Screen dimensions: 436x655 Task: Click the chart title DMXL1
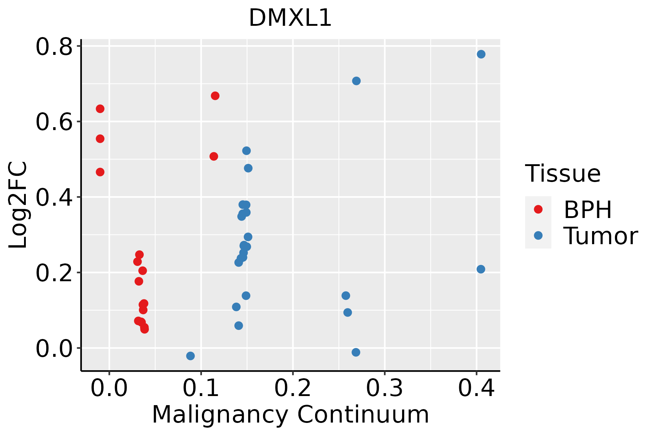[290, 18]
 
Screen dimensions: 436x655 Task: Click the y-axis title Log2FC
[18, 205]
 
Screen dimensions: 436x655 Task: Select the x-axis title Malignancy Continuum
[290, 415]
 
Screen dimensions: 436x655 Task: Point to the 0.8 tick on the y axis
[54, 47]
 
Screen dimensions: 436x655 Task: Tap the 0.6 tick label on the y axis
[54, 122]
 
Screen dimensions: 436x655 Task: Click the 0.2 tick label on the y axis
[54, 273]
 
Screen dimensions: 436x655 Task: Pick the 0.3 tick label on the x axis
[384, 388]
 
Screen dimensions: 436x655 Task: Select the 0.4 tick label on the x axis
[476, 388]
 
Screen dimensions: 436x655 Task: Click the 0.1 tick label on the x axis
[201, 388]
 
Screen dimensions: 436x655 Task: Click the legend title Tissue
[563, 174]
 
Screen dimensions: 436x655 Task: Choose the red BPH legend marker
[538, 209]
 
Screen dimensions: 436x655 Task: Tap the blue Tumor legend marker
[538, 235]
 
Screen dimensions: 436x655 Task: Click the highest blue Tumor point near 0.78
[481, 54]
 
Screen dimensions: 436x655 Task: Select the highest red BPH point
[215, 96]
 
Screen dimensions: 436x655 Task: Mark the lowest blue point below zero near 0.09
[190, 356]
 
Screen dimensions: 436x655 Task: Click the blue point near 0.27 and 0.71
[356, 81]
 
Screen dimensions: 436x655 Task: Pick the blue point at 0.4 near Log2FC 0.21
[481, 269]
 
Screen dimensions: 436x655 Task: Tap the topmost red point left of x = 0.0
[100, 109]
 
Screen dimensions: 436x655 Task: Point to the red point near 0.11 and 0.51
[214, 156]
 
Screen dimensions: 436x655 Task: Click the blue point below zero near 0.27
[356, 352]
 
